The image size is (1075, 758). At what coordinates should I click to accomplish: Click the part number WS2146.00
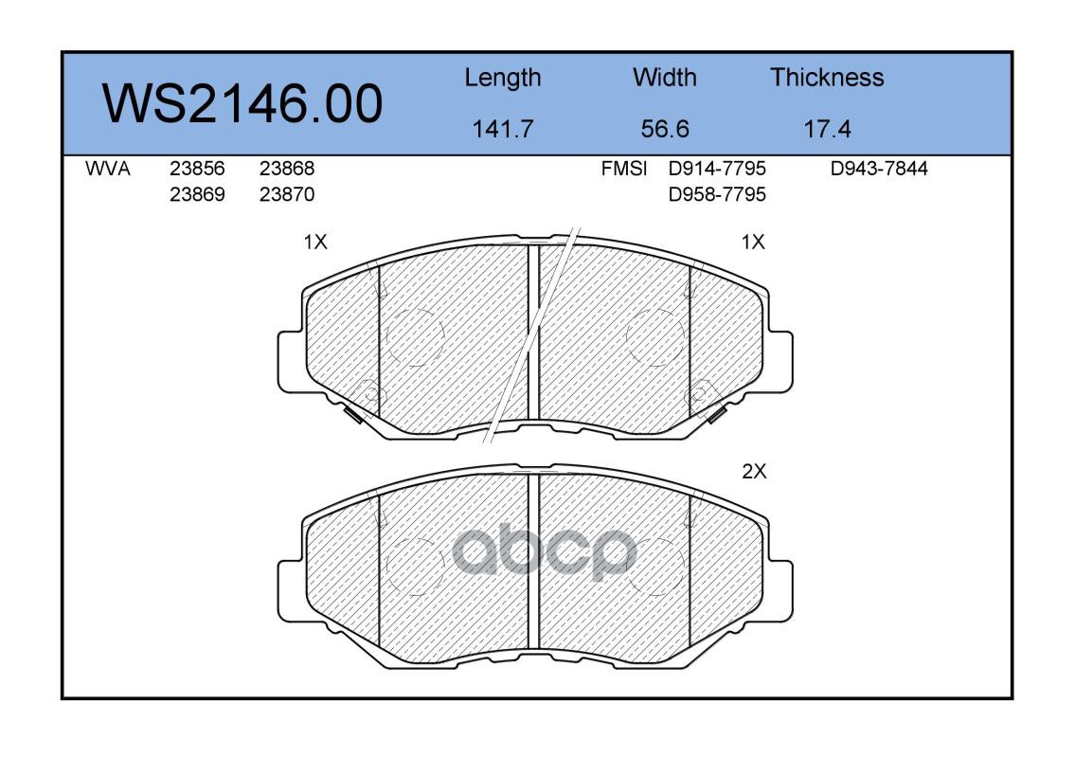coord(242,104)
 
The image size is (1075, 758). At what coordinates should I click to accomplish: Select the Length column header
coord(503,79)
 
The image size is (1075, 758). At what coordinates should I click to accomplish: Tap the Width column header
coord(664,78)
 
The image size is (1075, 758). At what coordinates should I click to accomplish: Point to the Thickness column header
coord(827,78)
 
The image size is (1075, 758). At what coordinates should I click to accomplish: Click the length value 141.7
coord(503,129)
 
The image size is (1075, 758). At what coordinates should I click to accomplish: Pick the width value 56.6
coord(664,129)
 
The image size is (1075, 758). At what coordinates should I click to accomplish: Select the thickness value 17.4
coord(827,129)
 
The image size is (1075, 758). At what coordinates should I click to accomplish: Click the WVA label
coord(108,169)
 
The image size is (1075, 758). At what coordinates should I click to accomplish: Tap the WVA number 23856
coord(197,169)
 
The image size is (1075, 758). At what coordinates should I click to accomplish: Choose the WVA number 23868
coord(287,169)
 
